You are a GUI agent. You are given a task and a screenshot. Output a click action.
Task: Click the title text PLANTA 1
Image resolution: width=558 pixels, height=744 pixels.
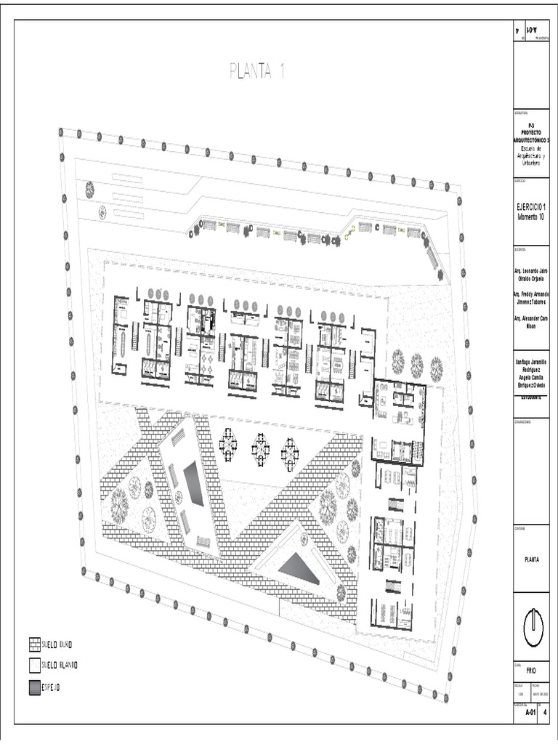256,71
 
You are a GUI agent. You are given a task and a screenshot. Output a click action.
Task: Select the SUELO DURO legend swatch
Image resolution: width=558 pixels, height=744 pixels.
34,644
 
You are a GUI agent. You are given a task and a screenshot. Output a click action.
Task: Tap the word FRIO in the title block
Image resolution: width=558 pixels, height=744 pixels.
531,671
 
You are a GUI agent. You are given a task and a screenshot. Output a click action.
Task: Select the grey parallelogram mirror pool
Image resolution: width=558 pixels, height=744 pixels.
193,485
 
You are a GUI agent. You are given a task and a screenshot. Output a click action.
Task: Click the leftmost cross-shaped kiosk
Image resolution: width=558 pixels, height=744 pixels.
229,444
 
